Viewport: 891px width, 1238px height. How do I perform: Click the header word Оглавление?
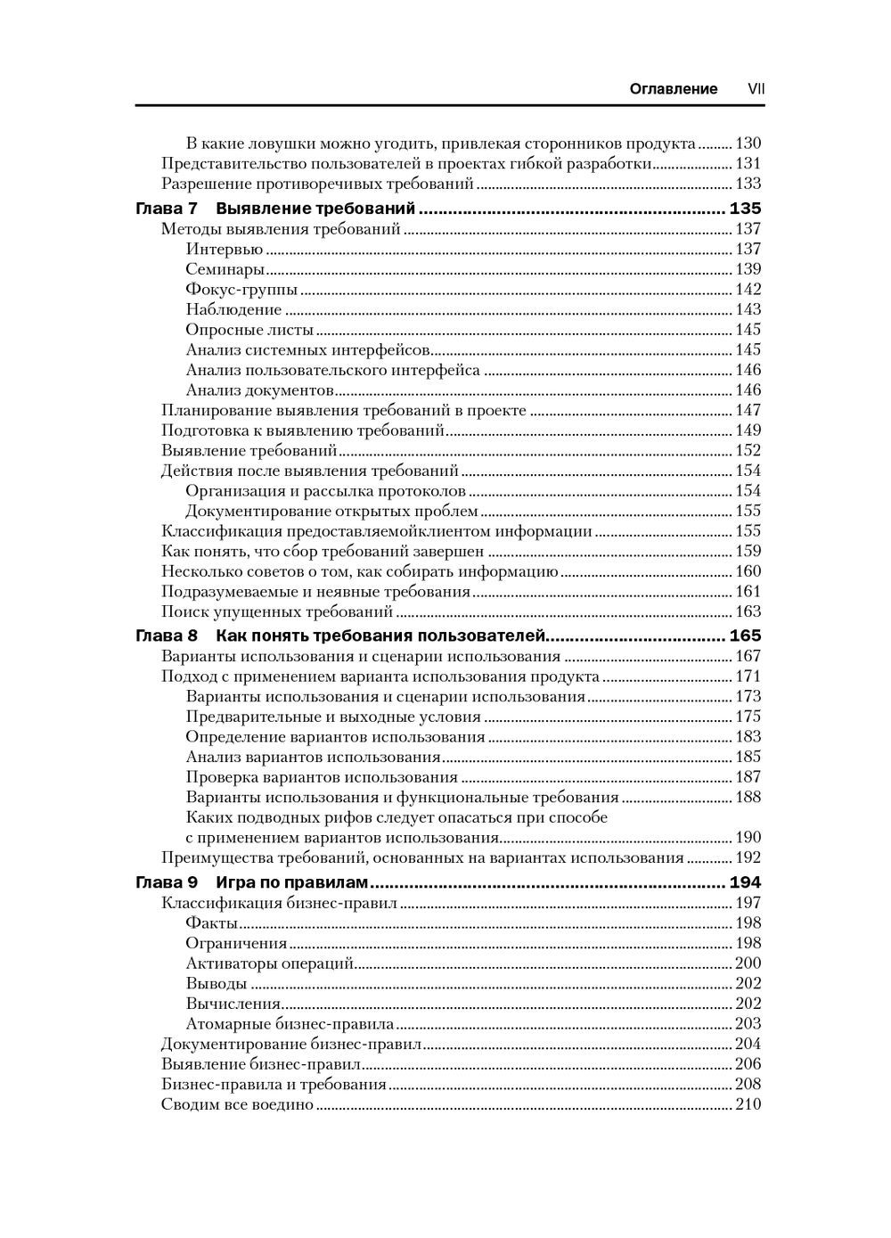(x=673, y=89)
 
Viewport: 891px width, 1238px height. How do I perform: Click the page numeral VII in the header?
(x=756, y=89)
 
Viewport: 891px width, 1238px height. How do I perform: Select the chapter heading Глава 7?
(x=166, y=209)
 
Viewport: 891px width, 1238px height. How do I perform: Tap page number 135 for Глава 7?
(x=746, y=209)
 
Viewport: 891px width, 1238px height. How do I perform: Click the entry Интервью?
(x=225, y=250)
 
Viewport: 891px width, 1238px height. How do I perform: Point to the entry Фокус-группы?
(x=241, y=290)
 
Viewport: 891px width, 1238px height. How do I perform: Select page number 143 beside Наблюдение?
(x=748, y=309)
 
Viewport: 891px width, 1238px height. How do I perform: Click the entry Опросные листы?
(x=249, y=330)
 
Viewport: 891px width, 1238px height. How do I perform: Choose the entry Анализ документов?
(x=259, y=390)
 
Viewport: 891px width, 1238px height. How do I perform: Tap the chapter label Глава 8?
(x=166, y=636)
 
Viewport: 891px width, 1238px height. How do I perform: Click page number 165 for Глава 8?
(x=746, y=636)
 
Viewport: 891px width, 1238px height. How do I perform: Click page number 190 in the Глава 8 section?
(x=748, y=838)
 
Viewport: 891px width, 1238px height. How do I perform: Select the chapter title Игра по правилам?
(x=291, y=883)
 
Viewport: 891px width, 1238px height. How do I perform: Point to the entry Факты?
(x=212, y=923)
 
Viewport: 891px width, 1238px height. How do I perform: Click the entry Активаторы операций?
(x=270, y=963)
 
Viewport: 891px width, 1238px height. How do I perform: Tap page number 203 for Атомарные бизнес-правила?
(x=748, y=1024)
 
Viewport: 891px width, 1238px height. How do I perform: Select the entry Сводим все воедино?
(x=238, y=1105)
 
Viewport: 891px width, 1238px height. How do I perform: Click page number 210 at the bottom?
(x=748, y=1105)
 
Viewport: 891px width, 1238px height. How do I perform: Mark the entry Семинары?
(x=225, y=269)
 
